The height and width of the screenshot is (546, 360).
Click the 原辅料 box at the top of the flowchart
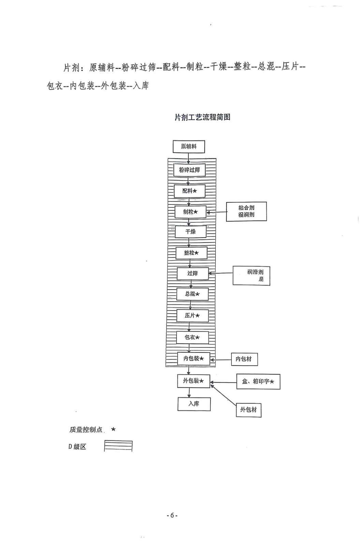(189, 147)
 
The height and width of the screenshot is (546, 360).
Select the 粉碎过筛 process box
(189, 170)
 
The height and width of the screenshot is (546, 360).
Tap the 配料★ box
(189, 191)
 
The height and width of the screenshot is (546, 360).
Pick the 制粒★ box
(190, 212)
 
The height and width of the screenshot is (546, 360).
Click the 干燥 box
(190, 232)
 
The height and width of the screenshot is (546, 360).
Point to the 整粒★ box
(191, 253)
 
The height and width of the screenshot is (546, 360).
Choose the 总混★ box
(192, 294)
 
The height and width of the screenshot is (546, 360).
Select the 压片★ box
(192, 316)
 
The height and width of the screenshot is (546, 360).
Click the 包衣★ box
(192, 337)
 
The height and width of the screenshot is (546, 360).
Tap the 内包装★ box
(193, 359)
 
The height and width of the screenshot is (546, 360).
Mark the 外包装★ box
(193, 381)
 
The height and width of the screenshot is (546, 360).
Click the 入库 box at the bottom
(194, 404)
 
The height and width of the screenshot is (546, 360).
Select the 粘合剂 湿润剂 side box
(246, 211)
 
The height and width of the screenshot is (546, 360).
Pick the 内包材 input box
(244, 359)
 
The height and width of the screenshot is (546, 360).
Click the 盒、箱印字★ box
(258, 382)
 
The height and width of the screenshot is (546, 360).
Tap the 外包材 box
(248, 409)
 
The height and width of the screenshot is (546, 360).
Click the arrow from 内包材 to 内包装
(221, 360)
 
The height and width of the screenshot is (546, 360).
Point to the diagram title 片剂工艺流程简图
(202, 117)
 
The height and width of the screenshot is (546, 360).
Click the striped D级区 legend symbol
(118, 446)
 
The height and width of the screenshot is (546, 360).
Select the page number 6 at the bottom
(172, 515)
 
